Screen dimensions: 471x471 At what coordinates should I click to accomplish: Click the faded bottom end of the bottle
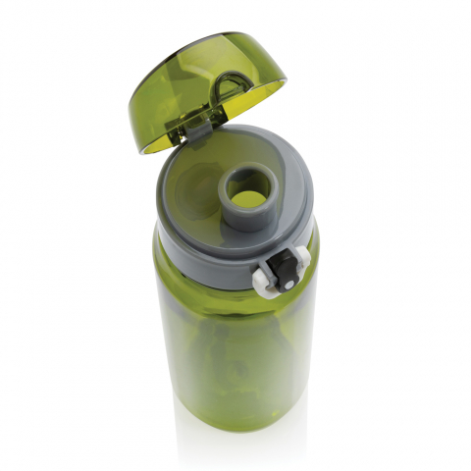click(235, 442)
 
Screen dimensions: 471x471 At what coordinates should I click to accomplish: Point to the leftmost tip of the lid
click(128, 98)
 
